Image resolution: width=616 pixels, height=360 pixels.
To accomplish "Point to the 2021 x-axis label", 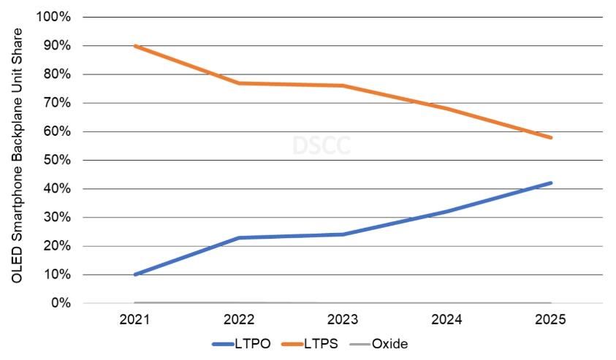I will (x=134, y=320).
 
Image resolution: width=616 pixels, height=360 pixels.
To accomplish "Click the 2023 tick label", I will (x=343, y=320).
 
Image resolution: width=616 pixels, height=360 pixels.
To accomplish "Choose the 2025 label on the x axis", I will (x=551, y=320).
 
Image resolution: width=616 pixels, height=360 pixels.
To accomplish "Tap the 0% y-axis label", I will (x=62, y=303).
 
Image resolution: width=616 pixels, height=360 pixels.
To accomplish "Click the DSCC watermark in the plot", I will (x=322, y=145).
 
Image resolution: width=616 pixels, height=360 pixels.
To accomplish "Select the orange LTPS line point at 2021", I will (x=134, y=46).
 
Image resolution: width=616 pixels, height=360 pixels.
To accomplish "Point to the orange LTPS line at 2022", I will (x=239, y=83).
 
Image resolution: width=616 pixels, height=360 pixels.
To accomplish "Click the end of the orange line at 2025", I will (x=551, y=137).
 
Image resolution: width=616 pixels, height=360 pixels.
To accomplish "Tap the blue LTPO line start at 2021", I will (x=134, y=275).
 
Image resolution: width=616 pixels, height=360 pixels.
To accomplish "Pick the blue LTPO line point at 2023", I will (x=343, y=234).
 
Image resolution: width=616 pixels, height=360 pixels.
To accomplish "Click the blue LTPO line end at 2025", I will (x=551, y=183).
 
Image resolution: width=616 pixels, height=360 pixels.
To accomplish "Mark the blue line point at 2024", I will (x=447, y=211).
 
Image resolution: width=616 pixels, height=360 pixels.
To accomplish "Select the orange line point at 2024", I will (x=447, y=109).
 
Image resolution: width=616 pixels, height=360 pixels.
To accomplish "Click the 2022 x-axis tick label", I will (x=239, y=320).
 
